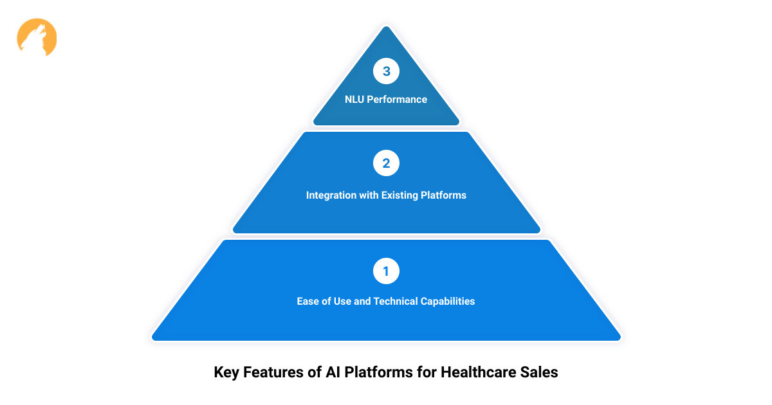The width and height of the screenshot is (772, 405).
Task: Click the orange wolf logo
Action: pos(37,37)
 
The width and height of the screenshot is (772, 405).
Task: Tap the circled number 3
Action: pos(386,71)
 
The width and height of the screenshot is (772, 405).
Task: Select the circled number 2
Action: pos(386,163)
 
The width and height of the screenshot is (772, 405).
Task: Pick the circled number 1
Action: pos(386,271)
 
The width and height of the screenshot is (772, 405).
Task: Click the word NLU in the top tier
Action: pos(354,100)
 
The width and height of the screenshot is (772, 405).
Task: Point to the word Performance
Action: pos(397,100)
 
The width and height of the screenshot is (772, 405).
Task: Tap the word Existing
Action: pos(400,195)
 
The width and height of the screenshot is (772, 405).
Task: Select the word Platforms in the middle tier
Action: pos(443,195)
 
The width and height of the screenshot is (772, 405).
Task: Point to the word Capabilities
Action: pos(448,301)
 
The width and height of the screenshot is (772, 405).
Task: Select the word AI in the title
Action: pos(333,372)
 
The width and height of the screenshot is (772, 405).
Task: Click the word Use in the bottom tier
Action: pos(342,301)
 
